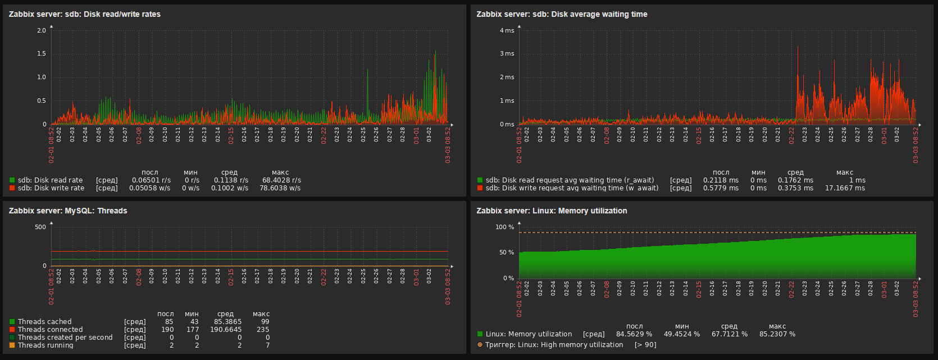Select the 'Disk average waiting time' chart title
[x=599, y=14]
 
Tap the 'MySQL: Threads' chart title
[x=96, y=211]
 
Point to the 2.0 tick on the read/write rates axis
[x=42, y=30]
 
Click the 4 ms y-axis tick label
[x=507, y=30]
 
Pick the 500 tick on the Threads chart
[x=40, y=227]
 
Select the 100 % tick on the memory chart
[x=504, y=227]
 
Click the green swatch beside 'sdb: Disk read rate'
[x=12, y=180]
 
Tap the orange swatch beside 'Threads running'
[x=12, y=345]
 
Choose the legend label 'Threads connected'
[x=50, y=330]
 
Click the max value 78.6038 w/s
[x=280, y=188]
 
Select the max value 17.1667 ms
[x=845, y=188]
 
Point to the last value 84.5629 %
[x=634, y=334]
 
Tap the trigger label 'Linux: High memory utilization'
[x=570, y=344]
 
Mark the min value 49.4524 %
[x=682, y=334]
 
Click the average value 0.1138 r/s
[x=231, y=180]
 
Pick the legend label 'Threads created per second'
[x=65, y=338]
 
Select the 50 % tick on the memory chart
[x=506, y=252]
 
